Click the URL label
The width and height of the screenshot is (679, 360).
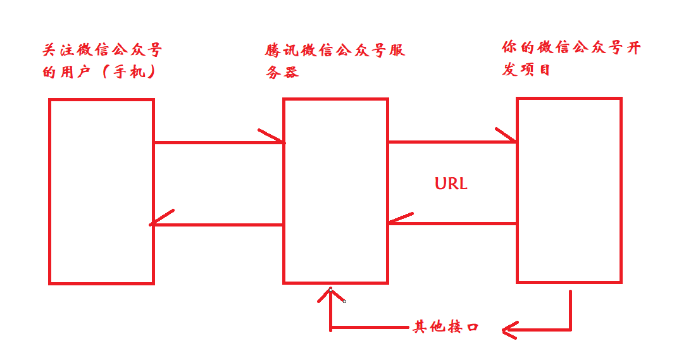coord(451,184)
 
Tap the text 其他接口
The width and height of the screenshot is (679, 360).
coord(445,327)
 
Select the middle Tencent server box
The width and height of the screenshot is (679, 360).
coord(335,190)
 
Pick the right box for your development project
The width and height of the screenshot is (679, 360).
coord(569,190)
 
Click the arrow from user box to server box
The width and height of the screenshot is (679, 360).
coord(218,142)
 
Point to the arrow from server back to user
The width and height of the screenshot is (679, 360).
coord(215,224)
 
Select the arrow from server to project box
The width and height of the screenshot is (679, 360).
coord(452,142)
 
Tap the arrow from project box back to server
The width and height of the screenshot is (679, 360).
coord(452,223)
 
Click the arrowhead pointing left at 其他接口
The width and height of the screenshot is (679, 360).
coord(510,329)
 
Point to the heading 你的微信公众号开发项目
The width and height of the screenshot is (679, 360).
coord(570,58)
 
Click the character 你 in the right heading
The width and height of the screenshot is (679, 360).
coord(510,47)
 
